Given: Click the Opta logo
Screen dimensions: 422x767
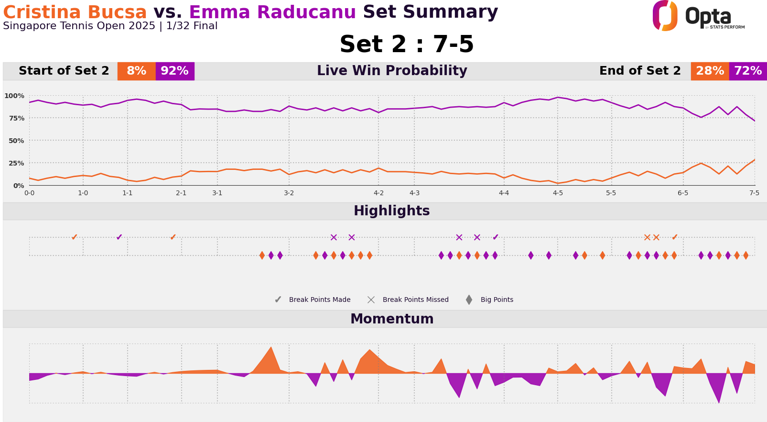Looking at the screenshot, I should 698,16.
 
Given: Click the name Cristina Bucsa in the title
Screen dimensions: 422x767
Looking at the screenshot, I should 75,12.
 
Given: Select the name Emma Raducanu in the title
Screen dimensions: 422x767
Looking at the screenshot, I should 272,12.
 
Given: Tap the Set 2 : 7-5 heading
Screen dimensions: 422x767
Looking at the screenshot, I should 406,45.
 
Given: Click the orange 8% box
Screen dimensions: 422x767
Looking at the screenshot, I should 136,71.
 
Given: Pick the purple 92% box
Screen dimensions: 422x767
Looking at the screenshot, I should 174,71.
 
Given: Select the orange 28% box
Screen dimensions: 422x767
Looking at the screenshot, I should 710,71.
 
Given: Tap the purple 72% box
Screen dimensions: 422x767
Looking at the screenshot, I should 748,71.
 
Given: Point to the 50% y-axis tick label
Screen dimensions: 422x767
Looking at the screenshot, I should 16,141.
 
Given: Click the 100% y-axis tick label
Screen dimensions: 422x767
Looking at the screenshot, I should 14,96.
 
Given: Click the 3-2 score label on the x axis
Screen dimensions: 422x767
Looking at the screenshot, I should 289,193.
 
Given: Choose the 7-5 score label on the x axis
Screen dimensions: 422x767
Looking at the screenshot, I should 754,193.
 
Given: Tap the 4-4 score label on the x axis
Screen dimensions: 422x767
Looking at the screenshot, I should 504,193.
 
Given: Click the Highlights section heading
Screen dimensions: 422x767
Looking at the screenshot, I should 391,211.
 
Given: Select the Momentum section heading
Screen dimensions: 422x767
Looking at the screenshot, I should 391,319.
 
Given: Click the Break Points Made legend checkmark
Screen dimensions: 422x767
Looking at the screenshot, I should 278,300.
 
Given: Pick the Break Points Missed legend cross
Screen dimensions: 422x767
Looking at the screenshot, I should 371,300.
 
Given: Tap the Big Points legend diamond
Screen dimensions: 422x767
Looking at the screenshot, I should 469,300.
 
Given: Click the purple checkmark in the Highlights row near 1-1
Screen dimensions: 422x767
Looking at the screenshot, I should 119,237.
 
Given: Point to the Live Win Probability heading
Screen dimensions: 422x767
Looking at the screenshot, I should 391,71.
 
